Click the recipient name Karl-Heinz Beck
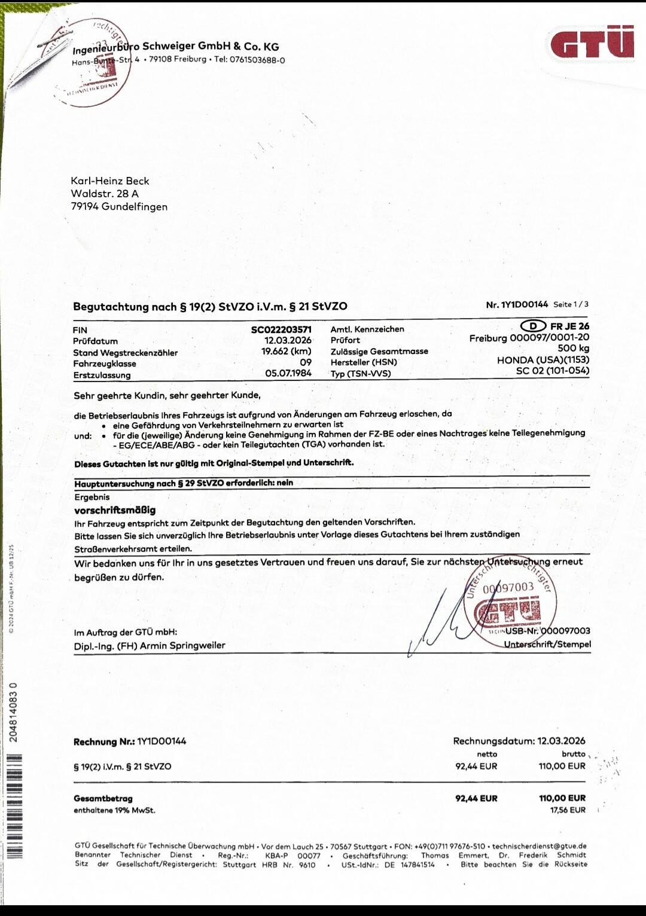click(110, 181)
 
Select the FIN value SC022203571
click(281, 329)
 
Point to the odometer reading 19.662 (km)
click(286, 352)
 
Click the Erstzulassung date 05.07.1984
click(288, 373)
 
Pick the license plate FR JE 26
click(569, 326)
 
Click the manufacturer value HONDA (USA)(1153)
click(543, 360)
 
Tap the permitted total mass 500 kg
click(573, 349)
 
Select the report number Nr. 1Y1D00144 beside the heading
click(517, 304)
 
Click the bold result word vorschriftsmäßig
click(115, 510)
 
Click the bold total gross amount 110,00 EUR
click(562, 798)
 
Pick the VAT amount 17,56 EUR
click(568, 810)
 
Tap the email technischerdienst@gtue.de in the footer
click(539, 846)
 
